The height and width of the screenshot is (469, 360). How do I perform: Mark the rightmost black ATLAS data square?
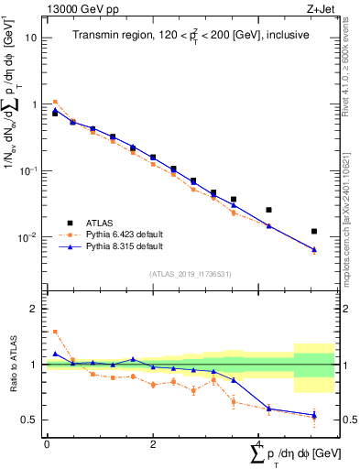tap(314, 231)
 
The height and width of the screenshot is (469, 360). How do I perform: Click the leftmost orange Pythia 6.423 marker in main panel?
tap(55, 102)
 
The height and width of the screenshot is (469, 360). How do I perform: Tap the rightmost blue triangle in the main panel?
tap(314, 249)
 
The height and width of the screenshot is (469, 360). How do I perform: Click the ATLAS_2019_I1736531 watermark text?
tap(191, 274)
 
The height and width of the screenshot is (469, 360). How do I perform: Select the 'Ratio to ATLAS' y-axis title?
tap(13, 364)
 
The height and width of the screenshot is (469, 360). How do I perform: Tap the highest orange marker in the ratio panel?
tap(55, 332)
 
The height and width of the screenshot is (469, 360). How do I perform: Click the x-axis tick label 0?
tap(47, 443)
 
